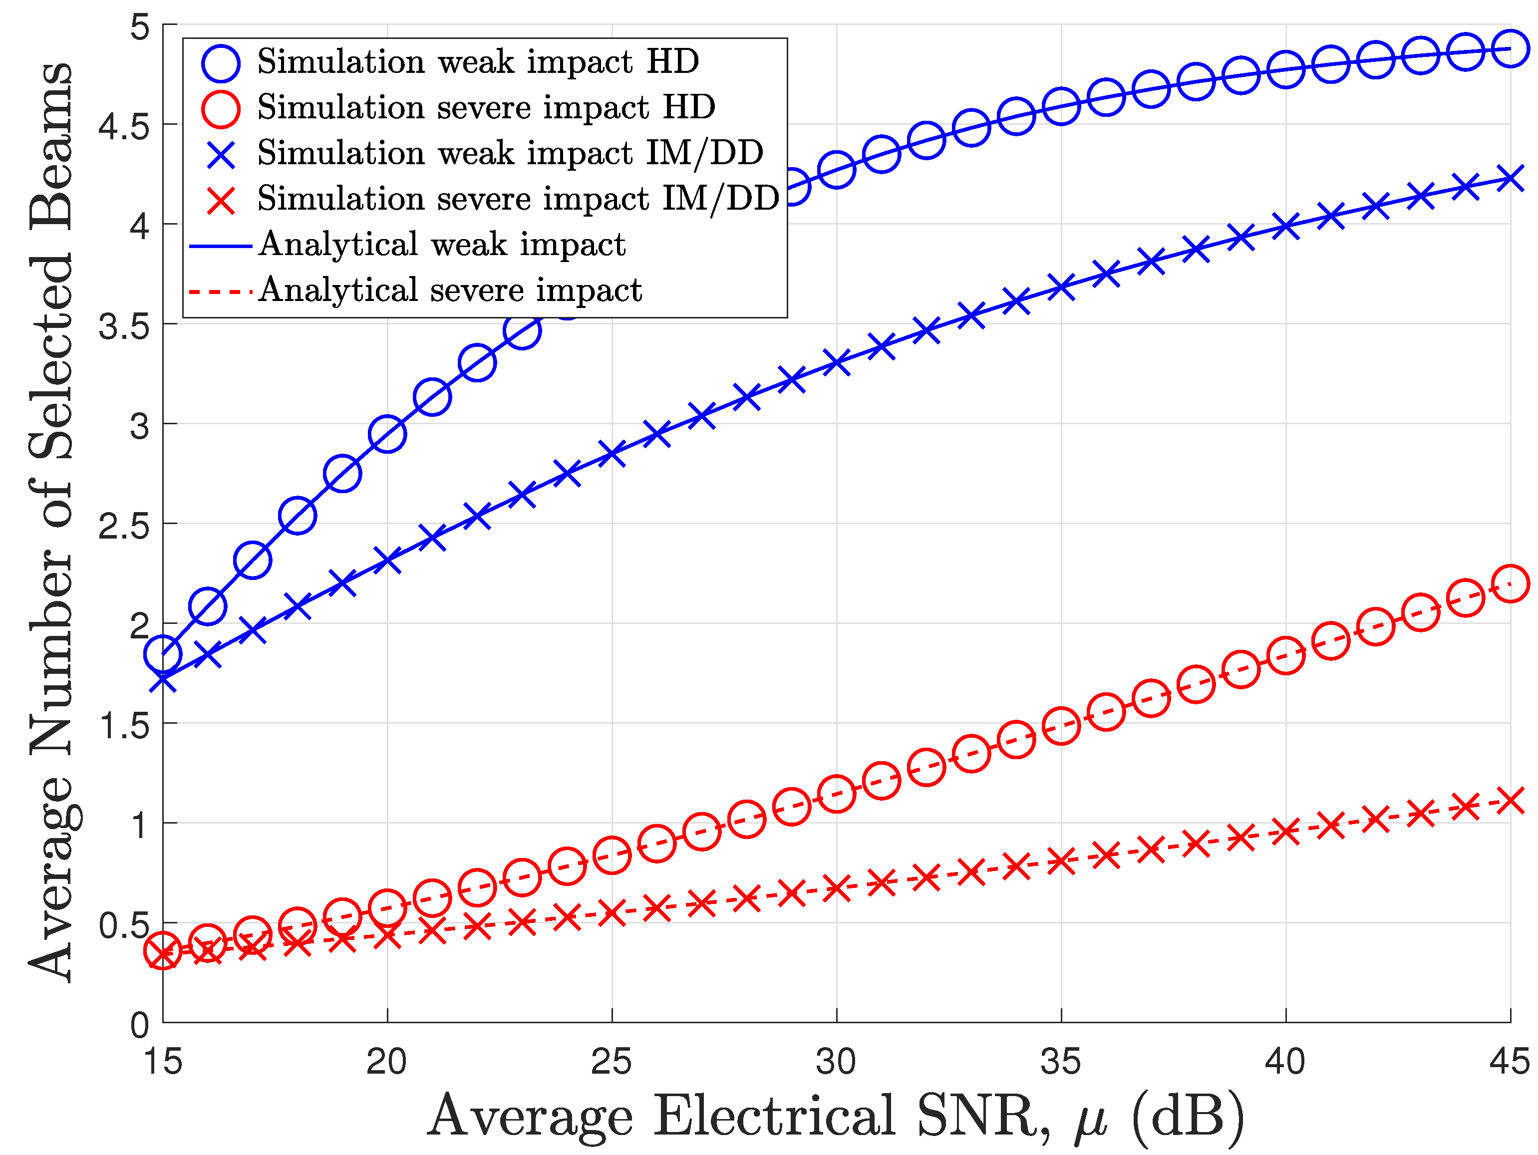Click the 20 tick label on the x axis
coord(387,1062)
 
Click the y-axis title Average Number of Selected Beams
coord(50,522)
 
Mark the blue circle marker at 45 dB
coord(1510,49)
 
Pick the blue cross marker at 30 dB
coord(837,363)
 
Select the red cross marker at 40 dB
coord(1285,831)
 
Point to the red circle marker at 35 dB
coord(1061,726)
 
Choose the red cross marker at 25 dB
coord(612,912)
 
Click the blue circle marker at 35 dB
coord(1061,106)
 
